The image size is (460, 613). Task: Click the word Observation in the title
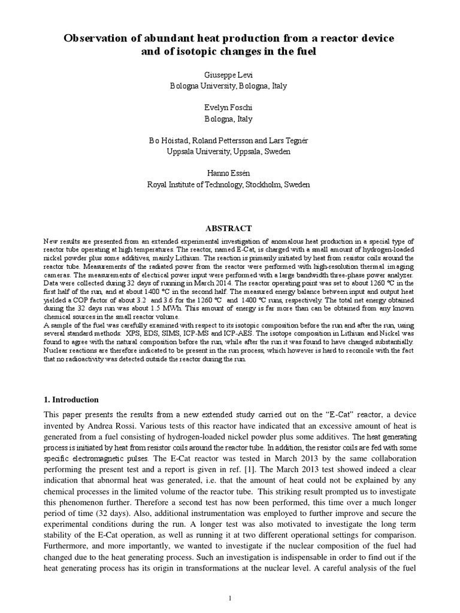click(x=96, y=39)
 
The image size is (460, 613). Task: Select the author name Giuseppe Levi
click(x=229, y=75)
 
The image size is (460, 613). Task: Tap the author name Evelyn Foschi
click(x=229, y=109)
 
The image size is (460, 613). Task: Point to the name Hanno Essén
click(x=229, y=174)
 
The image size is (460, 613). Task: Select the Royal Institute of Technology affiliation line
click(x=229, y=185)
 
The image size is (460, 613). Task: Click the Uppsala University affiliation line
click(x=229, y=152)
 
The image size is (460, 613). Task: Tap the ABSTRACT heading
click(x=229, y=228)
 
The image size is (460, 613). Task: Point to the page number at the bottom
click(x=229, y=598)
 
